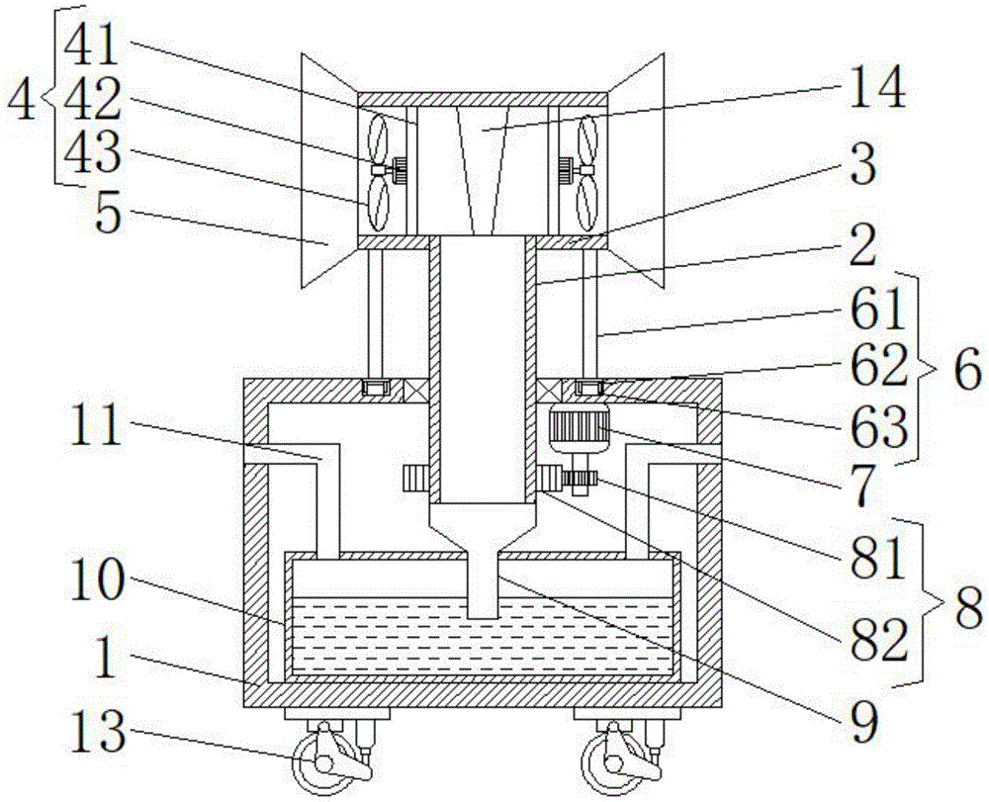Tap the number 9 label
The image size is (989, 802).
863,725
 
